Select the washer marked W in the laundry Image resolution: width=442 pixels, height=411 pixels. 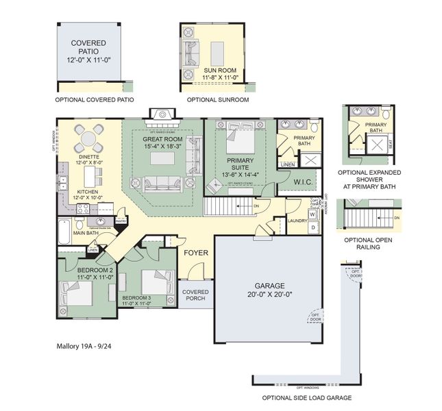click(312, 214)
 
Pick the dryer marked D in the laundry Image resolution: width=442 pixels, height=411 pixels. click(312, 227)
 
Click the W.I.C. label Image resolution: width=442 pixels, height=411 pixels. click(304, 183)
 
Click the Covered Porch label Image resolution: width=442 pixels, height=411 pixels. click(195, 296)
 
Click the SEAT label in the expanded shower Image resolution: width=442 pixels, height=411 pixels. click(390, 144)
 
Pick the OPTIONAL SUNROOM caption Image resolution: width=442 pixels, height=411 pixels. click(217, 100)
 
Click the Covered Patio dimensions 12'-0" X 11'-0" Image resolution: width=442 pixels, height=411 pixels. click(88, 60)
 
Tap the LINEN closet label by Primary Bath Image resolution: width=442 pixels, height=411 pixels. click(288, 165)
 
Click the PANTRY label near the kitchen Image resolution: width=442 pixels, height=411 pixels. click(121, 221)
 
